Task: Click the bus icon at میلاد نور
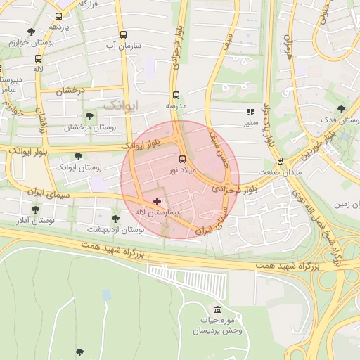[182, 159]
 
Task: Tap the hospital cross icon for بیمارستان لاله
[157, 202]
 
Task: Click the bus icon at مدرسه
[175, 95]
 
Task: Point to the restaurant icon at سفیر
[250, 112]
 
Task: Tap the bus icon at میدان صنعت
[280, 161]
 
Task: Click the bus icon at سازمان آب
[124, 34]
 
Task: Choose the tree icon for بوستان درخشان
[89, 116]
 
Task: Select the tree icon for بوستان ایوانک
[78, 156]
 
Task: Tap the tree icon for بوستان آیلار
[35, 210]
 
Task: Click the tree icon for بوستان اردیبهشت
[115, 219]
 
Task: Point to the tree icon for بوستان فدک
[341, 109]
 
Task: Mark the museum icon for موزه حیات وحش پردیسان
[217, 310]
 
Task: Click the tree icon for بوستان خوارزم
[31, 32]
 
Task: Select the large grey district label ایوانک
[122, 105]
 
